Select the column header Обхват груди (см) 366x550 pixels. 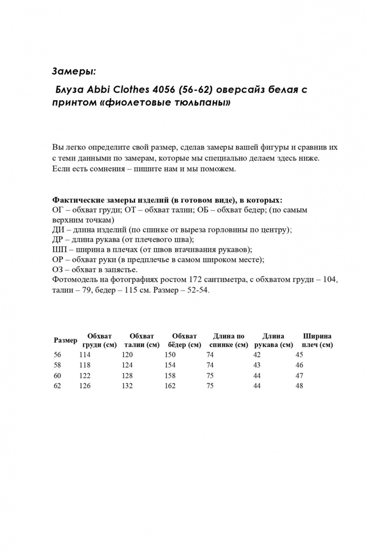click(99, 340)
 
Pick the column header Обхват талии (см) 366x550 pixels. click(141, 340)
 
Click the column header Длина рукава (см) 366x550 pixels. click(273, 340)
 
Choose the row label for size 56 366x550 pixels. click(57, 355)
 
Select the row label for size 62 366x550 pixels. click(57, 386)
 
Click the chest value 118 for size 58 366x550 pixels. click(85, 365)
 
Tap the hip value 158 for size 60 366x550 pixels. click(170, 375)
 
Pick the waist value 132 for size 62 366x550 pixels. click(127, 386)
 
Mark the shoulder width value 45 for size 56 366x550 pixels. click(299, 355)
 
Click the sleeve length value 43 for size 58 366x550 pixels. click(257, 365)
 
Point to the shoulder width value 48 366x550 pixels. click(299, 386)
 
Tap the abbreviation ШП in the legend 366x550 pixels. click(59, 249)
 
